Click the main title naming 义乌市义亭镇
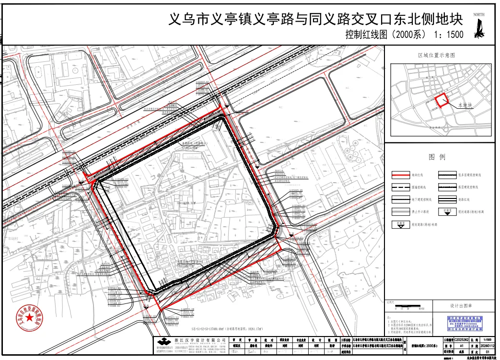(x=316, y=20)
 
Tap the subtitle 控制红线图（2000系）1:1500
(x=404, y=35)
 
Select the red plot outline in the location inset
(x=442, y=100)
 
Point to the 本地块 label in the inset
(x=465, y=105)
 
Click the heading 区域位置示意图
(x=436, y=56)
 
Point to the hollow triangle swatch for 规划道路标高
(x=400, y=223)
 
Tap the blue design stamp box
(x=464, y=324)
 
